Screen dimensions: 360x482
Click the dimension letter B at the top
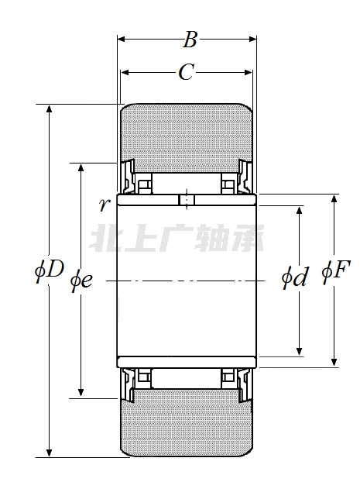(x=190, y=40)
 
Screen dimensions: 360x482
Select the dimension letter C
(x=186, y=73)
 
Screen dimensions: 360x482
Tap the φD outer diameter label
(x=49, y=270)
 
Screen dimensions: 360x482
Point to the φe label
(x=81, y=281)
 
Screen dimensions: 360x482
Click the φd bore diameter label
(x=294, y=277)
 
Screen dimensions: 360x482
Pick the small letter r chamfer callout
(x=105, y=204)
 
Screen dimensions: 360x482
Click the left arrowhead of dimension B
(x=122, y=39)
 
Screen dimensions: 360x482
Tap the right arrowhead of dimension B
(x=252, y=39)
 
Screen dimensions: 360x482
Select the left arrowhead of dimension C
(x=125, y=73)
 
